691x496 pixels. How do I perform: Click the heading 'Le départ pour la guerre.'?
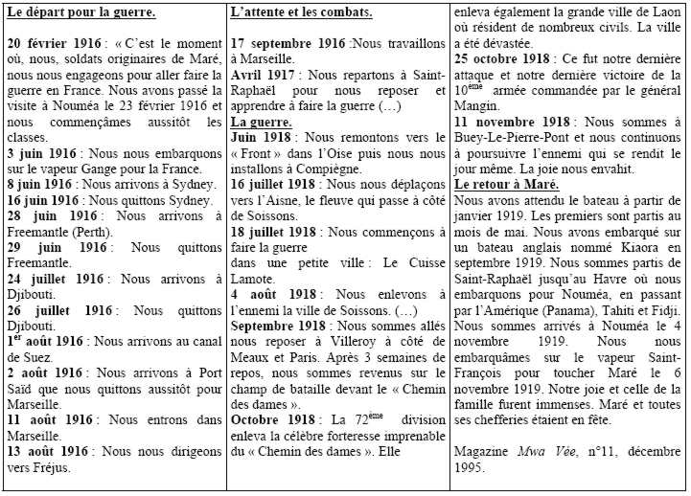click(x=81, y=13)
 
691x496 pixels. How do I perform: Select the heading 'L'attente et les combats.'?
click(x=301, y=13)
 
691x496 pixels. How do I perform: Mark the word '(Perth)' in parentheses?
click(x=92, y=232)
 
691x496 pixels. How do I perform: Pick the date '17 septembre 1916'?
click(x=288, y=44)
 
